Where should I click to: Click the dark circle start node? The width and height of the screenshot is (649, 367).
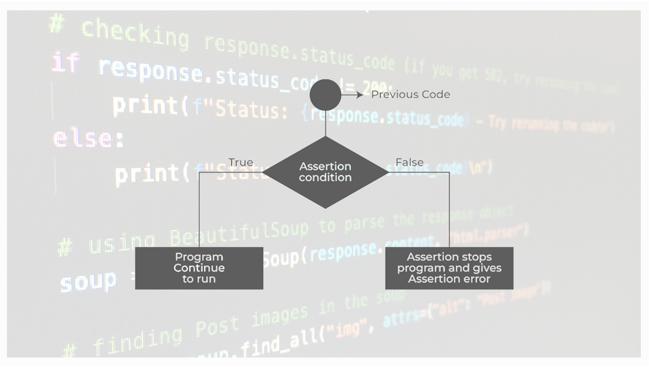[x=325, y=95]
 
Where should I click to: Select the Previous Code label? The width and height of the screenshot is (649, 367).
[x=411, y=95]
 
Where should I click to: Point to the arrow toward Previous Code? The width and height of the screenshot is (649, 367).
[x=354, y=95]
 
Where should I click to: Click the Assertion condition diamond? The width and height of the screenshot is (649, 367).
[x=325, y=172]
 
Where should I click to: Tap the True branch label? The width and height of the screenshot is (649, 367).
[x=240, y=163]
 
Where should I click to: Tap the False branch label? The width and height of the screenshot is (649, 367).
[x=410, y=163]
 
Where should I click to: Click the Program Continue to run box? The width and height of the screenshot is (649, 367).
[x=199, y=268]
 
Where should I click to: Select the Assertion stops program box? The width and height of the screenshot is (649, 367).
[x=449, y=268]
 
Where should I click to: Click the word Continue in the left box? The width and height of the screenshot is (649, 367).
[x=199, y=268]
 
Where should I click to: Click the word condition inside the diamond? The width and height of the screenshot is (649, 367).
[x=325, y=178]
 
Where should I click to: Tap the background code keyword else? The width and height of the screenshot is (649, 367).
[x=88, y=138]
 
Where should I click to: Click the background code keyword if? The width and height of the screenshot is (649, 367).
[x=65, y=62]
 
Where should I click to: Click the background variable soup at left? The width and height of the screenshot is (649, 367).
[x=88, y=281]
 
